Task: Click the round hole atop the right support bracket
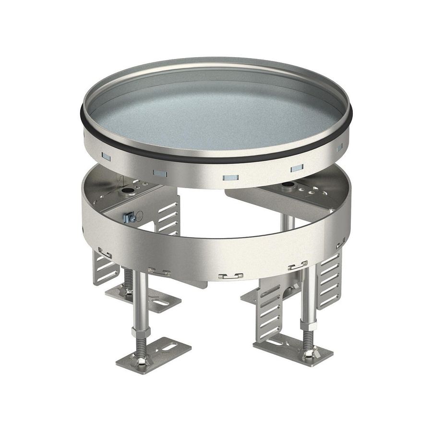tap(289, 184)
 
